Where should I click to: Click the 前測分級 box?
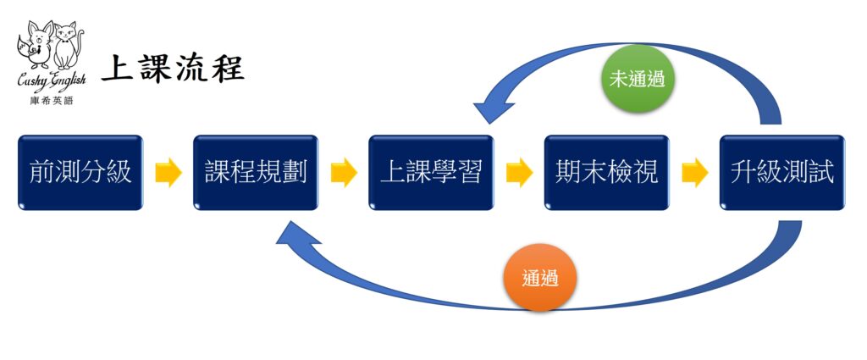tap(80, 173)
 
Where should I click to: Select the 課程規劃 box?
tap(256, 173)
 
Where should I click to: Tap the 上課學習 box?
tap(431, 173)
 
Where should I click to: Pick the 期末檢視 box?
tap(606, 173)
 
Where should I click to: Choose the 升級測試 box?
tap(781, 173)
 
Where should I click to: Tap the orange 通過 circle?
tap(539, 277)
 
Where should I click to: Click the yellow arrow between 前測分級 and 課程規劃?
tap(168, 173)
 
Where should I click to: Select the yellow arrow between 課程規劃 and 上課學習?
tap(344, 173)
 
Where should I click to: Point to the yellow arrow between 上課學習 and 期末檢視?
tap(519, 173)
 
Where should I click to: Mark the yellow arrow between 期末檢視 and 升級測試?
tap(694, 173)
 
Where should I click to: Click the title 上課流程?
tap(173, 69)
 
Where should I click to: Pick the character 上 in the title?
tap(117, 69)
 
